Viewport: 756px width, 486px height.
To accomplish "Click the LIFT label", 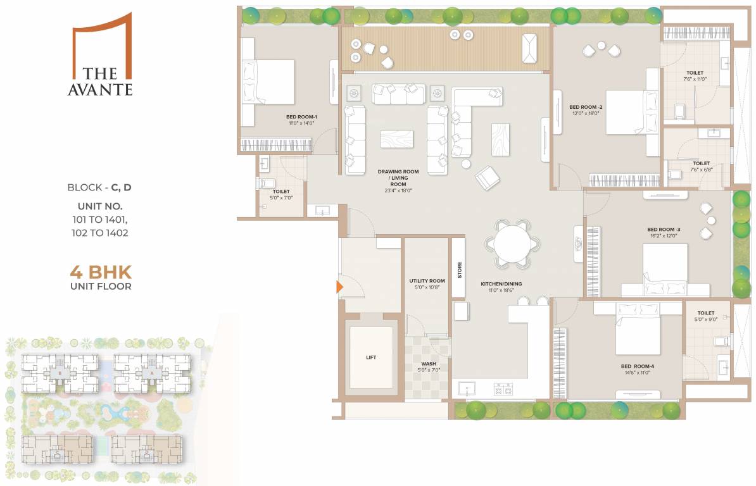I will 371,358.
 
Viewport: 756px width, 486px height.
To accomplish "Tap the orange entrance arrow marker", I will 339,287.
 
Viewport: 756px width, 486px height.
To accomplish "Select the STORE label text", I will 460,270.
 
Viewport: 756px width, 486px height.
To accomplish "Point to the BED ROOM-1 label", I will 301,117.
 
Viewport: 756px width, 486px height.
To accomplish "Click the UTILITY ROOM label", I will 427,281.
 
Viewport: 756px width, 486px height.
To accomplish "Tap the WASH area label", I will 429,364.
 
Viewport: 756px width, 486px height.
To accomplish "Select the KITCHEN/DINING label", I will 501,284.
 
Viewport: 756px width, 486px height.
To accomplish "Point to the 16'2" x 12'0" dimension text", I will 662,235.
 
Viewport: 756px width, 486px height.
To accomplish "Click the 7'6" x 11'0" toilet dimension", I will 694,80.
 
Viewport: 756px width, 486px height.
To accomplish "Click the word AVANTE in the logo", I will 100,90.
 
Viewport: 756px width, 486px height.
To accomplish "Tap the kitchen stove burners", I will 503,389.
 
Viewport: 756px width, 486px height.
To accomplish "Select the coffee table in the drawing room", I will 396,139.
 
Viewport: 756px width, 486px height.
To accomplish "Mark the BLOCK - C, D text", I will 99,188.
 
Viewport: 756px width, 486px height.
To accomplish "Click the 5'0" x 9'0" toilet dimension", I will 705,320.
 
